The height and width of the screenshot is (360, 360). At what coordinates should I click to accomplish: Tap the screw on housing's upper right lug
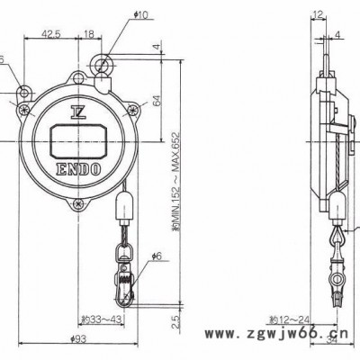(x=133, y=111)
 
